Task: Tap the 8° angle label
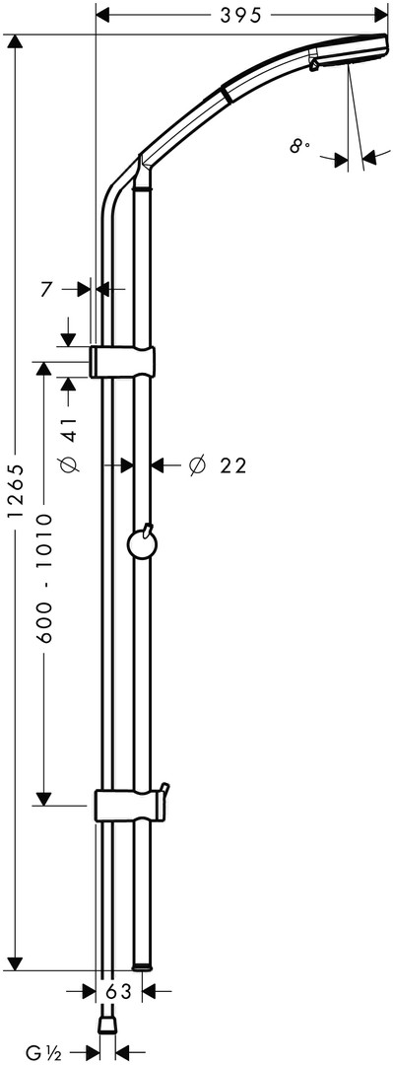(299, 145)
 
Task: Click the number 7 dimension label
(45, 289)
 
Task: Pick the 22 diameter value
(232, 465)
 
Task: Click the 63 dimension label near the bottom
(119, 992)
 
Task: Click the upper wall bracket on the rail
(122, 361)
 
